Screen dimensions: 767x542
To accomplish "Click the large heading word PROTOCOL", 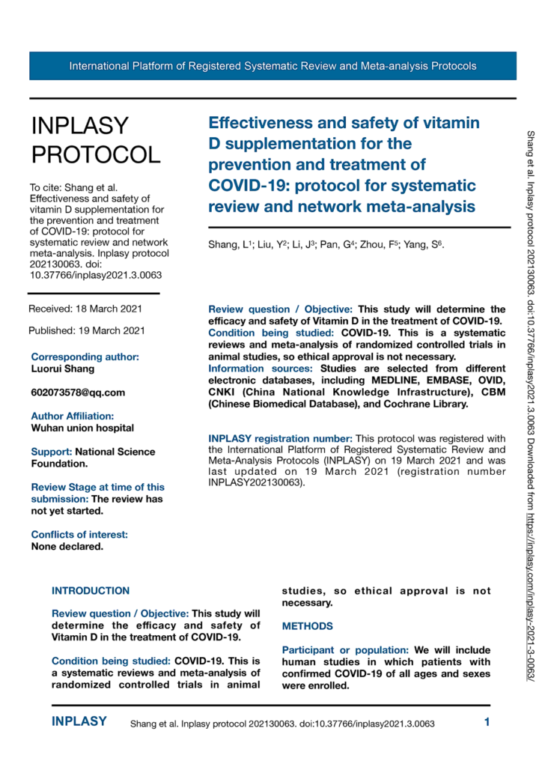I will click(95, 154).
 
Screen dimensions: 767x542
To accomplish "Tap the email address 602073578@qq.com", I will click(78, 392).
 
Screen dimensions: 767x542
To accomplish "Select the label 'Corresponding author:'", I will click(85, 357).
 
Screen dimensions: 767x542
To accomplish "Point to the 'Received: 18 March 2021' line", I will click(84, 309).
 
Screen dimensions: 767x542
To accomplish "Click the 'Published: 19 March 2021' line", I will click(86, 330).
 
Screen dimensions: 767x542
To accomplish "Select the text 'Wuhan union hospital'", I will click(82, 428).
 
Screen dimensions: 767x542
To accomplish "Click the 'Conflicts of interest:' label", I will click(79, 534).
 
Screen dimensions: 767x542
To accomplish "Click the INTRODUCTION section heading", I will click(91, 590).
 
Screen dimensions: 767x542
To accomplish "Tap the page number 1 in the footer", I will click(487, 723).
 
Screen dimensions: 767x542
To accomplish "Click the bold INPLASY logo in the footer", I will click(79, 723).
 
